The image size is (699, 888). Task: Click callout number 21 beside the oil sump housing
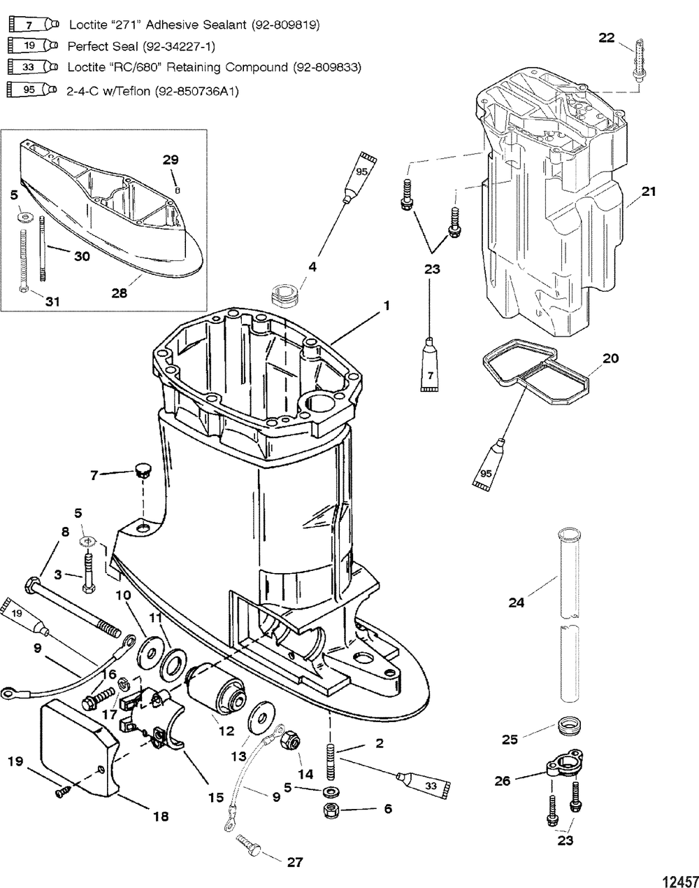point(649,190)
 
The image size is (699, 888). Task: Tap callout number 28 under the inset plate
point(120,293)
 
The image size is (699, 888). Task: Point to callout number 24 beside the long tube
point(516,602)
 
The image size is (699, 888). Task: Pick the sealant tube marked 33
point(425,783)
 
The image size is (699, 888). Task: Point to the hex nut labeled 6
point(331,811)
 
